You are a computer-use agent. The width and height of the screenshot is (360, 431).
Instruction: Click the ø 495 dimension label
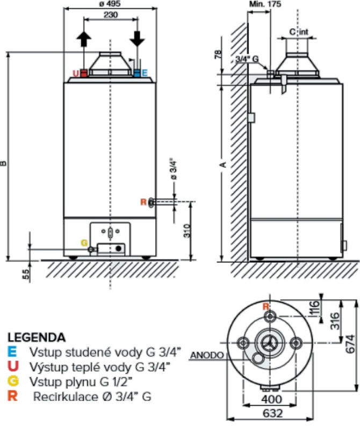110,4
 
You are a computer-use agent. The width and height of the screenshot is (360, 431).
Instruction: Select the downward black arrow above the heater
138,38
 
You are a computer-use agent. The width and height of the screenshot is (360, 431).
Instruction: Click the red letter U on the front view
76,73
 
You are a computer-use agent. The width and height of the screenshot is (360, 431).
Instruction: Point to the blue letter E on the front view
145,73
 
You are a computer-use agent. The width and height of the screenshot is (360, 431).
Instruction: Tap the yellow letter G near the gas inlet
84,242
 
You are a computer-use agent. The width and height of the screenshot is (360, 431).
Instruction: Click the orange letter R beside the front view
142,202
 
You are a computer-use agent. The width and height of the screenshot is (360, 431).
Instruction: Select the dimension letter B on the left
4,163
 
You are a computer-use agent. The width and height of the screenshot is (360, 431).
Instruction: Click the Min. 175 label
261,4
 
